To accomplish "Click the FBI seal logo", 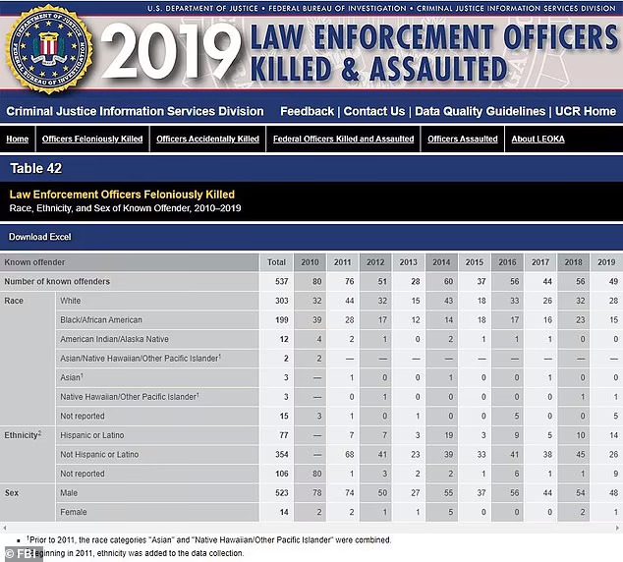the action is pos(50,49).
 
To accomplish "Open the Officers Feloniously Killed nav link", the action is pos(92,139).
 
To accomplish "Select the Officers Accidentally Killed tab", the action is pos(207,139).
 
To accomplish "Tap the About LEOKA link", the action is pos(538,139).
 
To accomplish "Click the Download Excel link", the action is pos(39,237).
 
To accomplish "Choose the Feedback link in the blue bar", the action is pos(308,111).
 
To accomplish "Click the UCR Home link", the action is pos(586,111).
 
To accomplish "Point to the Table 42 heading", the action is pos(36,168).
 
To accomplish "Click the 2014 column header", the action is pos(441,262).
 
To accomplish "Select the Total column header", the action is pos(276,262).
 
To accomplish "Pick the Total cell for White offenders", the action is pos(282,301).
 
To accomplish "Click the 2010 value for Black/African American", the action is pos(317,319).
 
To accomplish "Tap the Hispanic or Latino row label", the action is pos(92,435).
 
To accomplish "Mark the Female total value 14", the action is pos(284,512).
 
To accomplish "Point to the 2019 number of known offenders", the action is pos(613,281).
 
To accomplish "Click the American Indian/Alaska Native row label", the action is pos(114,339).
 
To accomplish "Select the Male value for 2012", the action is pos(382,493).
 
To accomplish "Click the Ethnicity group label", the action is pos(23,435).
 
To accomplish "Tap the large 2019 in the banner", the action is pos(171,50).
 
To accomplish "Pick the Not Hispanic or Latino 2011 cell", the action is pos(349,454).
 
